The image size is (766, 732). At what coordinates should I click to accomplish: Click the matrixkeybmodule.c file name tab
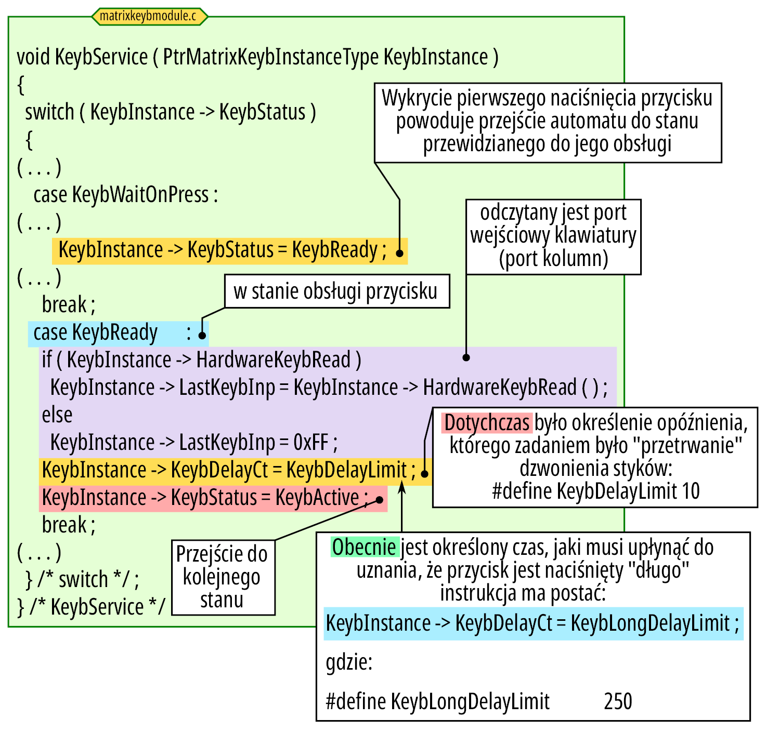click(149, 16)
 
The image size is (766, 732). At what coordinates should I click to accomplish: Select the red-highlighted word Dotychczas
click(487, 423)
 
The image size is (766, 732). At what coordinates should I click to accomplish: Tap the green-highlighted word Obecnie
click(364, 548)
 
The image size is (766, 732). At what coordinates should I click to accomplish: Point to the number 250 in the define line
click(618, 701)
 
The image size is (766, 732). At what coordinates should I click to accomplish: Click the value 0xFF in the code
click(311, 443)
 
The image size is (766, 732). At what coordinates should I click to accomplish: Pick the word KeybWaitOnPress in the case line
click(140, 195)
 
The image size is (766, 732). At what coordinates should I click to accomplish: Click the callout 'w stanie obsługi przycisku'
click(336, 291)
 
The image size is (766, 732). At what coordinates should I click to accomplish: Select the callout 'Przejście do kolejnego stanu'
click(223, 577)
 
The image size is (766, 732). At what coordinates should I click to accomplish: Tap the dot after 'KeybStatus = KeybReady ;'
click(399, 253)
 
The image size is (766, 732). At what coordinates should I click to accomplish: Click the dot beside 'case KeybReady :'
click(202, 336)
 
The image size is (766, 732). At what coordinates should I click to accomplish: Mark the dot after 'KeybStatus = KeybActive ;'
click(380, 499)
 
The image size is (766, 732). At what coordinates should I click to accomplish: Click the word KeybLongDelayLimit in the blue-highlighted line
click(651, 623)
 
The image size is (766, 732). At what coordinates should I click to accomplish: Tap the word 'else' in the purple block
click(57, 415)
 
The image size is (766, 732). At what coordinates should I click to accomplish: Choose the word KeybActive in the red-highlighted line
click(317, 498)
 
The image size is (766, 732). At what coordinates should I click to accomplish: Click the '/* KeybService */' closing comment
click(97, 607)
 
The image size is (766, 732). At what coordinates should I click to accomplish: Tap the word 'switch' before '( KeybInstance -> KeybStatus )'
click(50, 112)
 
